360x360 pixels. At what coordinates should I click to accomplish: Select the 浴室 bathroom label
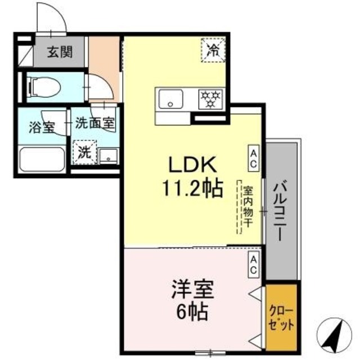[42, 126]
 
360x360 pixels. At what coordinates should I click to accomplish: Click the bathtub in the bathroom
[42, 160]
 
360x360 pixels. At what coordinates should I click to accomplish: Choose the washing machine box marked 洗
[84, 151]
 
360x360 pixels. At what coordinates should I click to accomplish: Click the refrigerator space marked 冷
[213, 49]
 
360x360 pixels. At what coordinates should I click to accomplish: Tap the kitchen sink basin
[170, 100]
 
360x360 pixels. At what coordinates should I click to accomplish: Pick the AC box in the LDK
[253, 158]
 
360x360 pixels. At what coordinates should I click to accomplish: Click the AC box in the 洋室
[253, 264]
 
